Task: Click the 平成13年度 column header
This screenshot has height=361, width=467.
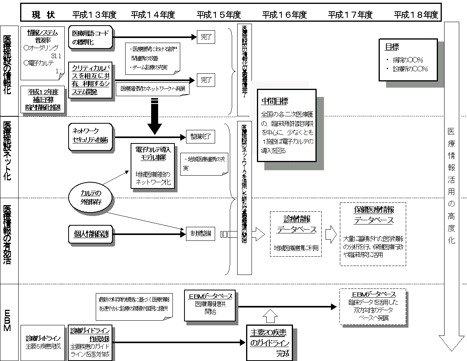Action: (x=94, y=15)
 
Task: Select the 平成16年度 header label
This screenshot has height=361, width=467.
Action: (x=284, y=15)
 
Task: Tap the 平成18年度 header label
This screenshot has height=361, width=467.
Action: (x=416, y=15)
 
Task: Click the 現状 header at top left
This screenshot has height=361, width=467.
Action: (x=43, y=15)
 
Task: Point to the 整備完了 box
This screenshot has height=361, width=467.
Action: (x=200, y=137)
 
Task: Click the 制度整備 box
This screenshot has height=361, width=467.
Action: (x=200, y=233)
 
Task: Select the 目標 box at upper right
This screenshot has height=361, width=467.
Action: (x=408, y=59)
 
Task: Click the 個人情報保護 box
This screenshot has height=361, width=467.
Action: (x=91, y=234)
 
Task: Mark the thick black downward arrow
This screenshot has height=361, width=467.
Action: (x=155, y=116)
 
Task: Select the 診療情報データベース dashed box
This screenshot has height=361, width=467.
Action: (x=296, y=233)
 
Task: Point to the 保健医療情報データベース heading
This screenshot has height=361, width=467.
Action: (x=374, y=215)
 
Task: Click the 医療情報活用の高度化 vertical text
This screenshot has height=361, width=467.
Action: (x=451, y=186)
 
